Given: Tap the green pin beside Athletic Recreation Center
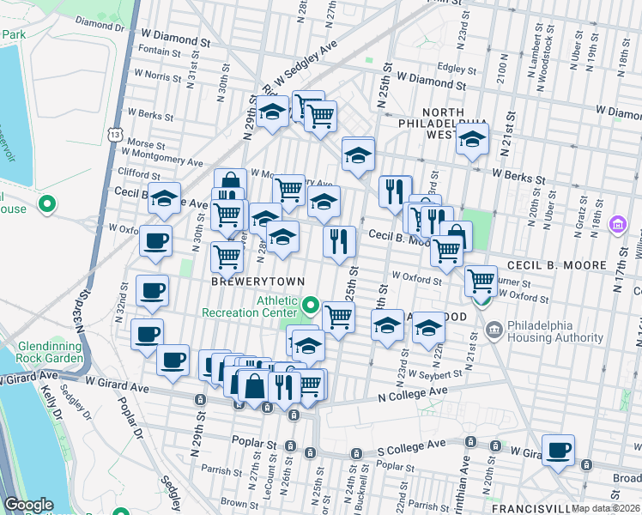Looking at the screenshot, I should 310,305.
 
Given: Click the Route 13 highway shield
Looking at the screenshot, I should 115,134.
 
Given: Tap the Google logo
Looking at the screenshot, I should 28,505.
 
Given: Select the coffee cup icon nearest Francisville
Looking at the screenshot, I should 558,450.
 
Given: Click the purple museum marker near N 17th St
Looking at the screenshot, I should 616,225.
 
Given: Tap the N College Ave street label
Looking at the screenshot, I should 414,391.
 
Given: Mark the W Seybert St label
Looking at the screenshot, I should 436,374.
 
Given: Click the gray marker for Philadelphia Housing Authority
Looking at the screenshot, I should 494,330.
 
